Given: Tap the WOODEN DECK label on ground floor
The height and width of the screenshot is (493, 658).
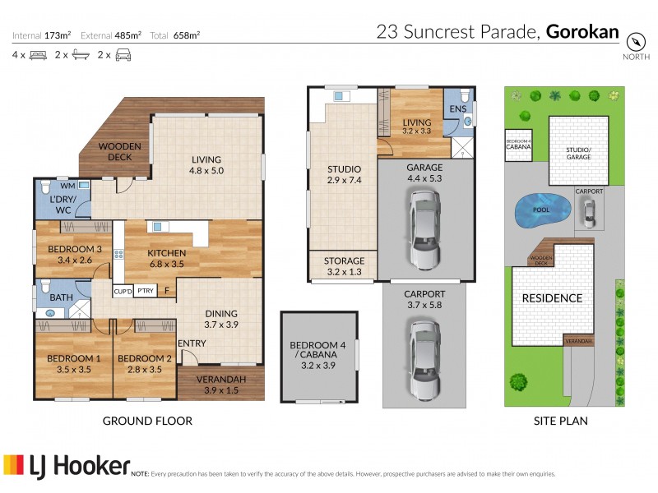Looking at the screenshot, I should coord(121,151).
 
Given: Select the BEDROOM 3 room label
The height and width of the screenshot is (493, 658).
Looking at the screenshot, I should coord(74,255).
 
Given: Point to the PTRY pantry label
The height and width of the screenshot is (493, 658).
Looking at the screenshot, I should coord(146,291).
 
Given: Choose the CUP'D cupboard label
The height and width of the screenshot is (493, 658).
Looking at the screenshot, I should coord(123,291).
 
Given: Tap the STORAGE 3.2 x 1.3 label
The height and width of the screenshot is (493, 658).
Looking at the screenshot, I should coord(343,265).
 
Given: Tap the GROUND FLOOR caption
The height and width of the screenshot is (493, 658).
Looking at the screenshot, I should coord(147,421).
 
